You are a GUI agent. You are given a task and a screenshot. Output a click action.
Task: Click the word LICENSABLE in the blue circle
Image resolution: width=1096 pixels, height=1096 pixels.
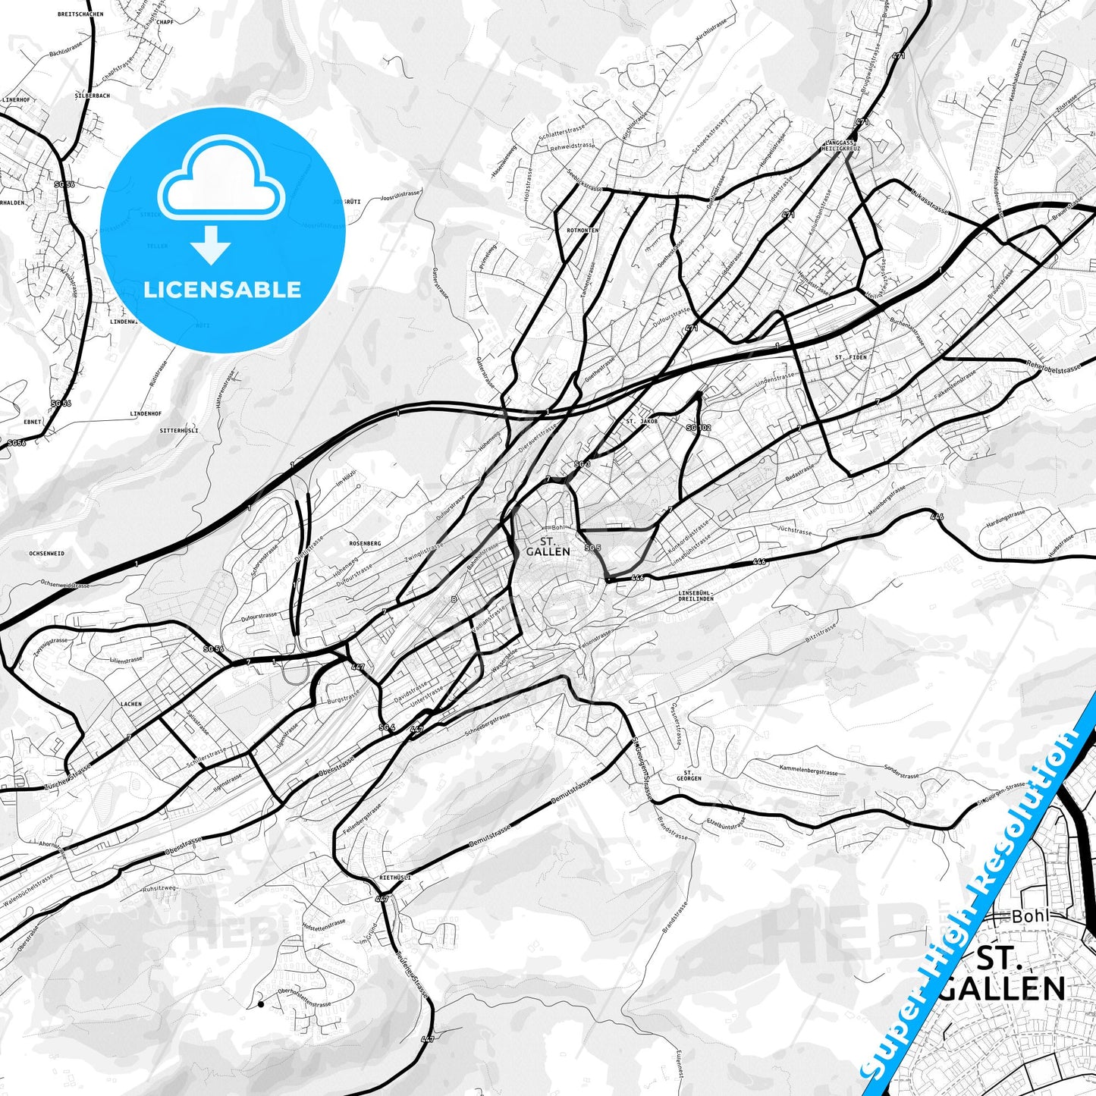tap(222, 289)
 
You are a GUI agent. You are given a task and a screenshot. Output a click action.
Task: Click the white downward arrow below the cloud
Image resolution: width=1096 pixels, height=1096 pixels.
tap(212, 244)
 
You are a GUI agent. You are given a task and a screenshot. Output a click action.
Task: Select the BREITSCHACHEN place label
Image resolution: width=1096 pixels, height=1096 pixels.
tap(80, 14)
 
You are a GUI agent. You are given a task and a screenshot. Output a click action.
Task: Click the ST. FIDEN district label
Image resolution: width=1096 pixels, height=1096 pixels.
tap(850, 356)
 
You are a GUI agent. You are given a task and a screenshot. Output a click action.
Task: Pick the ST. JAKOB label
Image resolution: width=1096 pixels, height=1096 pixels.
tap(642, 420)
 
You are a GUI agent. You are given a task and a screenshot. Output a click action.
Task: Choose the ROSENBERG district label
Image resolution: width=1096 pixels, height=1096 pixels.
tap(365, 543)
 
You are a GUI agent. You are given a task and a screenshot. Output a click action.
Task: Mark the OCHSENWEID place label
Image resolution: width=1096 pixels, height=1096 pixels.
tap(46, 554)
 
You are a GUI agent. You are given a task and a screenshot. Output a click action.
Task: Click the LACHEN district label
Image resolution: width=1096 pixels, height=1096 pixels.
tap(130, 704)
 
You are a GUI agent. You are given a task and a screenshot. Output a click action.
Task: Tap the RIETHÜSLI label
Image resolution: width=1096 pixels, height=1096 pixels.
tap(394, 878)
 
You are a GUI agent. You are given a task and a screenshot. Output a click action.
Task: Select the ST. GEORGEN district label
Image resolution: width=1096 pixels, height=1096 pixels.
tap(689, 775)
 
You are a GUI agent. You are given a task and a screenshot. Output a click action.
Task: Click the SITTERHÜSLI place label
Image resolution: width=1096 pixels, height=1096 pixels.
tap(179, 430)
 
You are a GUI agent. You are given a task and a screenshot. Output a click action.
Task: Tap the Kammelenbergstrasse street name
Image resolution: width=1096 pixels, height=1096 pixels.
tap(809, 771)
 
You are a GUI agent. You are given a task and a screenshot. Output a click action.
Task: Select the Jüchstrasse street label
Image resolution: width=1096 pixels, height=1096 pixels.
tap(795, 531)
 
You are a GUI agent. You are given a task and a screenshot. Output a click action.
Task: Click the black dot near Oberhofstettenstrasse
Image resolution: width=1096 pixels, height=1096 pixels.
tap(261, 1004)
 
